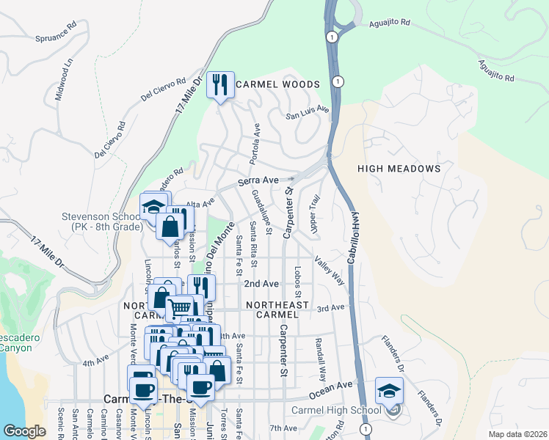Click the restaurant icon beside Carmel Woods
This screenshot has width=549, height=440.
220,86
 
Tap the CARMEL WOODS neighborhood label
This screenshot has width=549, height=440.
278,84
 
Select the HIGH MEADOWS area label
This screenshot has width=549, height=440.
399,169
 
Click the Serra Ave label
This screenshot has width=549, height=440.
258,180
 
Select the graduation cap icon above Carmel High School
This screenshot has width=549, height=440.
388,391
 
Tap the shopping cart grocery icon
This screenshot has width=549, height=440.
181,308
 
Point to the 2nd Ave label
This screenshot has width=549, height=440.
261,284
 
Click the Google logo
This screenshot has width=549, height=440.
24,431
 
